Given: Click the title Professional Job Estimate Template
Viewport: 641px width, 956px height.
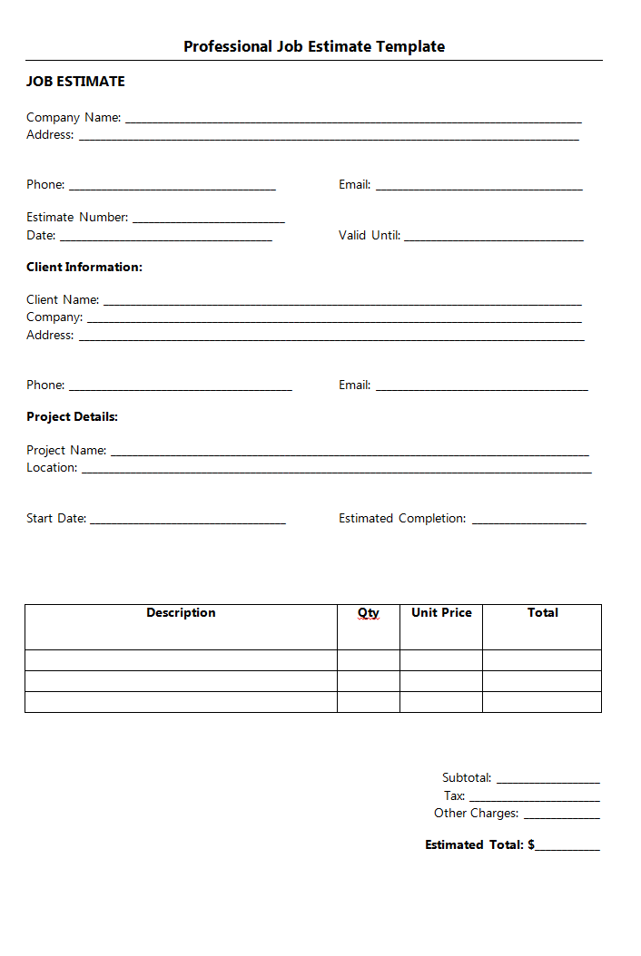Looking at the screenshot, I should [314, 46].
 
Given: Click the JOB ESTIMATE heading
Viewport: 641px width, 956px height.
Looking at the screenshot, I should [75, 82].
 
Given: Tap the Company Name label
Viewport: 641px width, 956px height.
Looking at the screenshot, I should [74, 117].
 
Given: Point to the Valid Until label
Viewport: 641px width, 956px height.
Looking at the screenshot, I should [370, 235].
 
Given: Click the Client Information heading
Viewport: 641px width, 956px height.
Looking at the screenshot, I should [84, 267].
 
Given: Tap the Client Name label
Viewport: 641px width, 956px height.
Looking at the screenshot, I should [63, 299].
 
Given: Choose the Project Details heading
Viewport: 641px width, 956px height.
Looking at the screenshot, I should [72, 416].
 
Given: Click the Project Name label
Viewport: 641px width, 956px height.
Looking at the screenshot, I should [66, 450].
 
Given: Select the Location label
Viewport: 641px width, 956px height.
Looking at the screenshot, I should [52, 467].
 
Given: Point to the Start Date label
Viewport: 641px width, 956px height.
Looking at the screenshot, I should [56, 518].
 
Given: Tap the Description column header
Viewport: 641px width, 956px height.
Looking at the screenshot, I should [181, 613].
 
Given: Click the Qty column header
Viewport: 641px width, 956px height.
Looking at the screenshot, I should [368, 613].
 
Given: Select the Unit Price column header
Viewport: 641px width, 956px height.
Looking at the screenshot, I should [441, 613].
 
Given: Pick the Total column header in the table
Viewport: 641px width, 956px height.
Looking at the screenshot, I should [542, 613].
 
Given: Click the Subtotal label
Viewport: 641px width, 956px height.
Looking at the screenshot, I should [467, 777].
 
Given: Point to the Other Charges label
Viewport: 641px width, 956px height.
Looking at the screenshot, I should [477, 813].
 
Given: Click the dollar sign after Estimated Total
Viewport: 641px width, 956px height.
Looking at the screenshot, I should [531, 844].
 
